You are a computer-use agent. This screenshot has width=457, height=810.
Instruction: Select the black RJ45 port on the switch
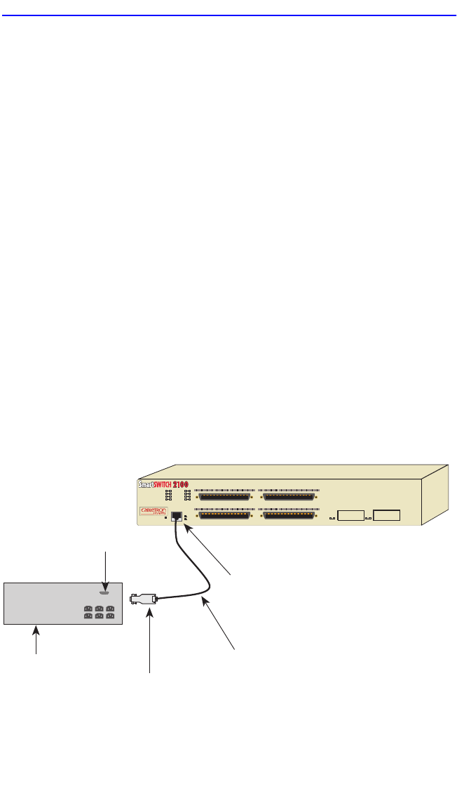[x=177, y=517]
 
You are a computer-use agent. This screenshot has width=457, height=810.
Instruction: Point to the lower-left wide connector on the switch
[x=225, y=517]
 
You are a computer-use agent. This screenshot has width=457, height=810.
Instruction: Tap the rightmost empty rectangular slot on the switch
[x=386, y=516]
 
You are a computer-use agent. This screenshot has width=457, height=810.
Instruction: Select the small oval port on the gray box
[x=104, y=592]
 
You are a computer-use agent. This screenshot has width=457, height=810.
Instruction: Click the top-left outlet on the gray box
[x=89, y=608]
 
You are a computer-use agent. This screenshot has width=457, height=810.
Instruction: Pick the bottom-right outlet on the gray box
[x=110, y=617]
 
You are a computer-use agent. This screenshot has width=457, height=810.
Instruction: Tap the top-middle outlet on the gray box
[x=100, y=608]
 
